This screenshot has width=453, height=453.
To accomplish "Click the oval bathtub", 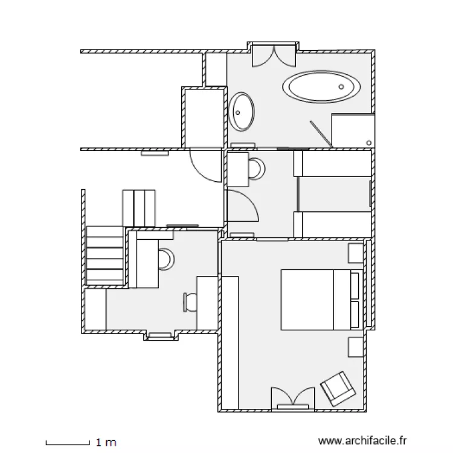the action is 321,86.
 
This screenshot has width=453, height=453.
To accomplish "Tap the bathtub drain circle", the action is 341,86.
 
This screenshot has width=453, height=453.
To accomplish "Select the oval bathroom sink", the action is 242,112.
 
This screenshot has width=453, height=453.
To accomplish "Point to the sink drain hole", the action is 238,113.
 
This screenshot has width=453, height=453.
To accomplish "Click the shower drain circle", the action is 368,143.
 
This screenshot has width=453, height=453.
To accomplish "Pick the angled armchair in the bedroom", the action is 338,389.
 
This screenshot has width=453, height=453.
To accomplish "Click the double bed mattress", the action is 321,300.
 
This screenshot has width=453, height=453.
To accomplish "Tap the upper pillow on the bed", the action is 355,286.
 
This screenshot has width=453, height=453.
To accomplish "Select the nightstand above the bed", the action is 356,253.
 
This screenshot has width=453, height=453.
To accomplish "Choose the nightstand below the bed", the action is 356,347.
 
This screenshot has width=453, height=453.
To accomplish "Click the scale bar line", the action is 68,444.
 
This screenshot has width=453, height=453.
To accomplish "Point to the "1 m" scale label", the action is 106,442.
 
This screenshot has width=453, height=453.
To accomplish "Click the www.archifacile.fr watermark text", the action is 362,441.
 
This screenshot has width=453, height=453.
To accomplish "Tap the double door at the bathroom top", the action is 274,56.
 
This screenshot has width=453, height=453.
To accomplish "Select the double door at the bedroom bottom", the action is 293,399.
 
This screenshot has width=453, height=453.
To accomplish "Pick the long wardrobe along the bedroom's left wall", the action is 230,342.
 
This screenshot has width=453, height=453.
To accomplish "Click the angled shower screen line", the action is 321,134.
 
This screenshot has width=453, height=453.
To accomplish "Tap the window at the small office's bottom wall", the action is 160,335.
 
